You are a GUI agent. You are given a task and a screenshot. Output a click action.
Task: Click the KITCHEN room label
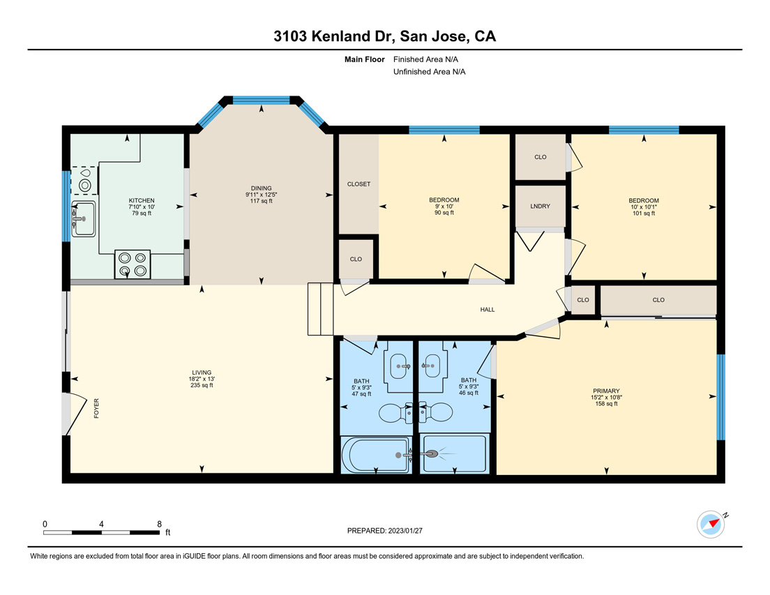pyautogui.click(x=142, y=200)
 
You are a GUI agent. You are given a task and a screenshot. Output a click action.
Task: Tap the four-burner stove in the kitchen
pyautogui.click(x=133, y=264)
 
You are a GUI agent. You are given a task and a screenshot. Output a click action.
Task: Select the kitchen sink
pyautogui.click(x=84, y=218)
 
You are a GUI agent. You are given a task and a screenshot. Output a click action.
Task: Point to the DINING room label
pyautogui.click(x=262, y=188)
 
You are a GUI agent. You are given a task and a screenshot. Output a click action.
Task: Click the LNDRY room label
pyautogui.click(x=540, y=206)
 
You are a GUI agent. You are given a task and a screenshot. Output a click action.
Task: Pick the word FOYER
pyautogui.click(x=96, y=408)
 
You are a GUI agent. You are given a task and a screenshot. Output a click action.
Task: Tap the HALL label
pyautogui.click(x=488, y=309)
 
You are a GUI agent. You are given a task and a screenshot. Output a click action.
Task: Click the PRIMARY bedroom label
pyautogui.click(x=606, y=391)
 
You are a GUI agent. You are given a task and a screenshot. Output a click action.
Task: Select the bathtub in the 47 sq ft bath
pyautogui.click(x=376, y=455)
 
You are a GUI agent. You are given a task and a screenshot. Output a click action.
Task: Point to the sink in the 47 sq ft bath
pyautogui.click(x=399, y=366)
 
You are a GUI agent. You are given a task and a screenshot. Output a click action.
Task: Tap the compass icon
pyautogui.click(x=711, y=525)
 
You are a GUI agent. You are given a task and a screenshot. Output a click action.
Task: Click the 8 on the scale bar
pyautogui.click(x=159, y=524)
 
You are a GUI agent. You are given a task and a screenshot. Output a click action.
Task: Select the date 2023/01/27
pyautogui.click(x=405, y=531)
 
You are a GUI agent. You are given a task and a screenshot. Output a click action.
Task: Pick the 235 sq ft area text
pyautogui.click(x=202, y=385)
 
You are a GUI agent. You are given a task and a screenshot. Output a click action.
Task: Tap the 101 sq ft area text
pyautogui.click(x=644, y=213)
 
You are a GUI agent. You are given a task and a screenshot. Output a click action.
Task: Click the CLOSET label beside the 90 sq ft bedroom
pyautogui.click(x=358, y=184)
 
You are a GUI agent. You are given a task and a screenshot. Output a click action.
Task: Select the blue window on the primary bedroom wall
pyautogui.click(x=721, y=397)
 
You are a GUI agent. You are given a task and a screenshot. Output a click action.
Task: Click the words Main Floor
pyautogui.click(x=364, y=59)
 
